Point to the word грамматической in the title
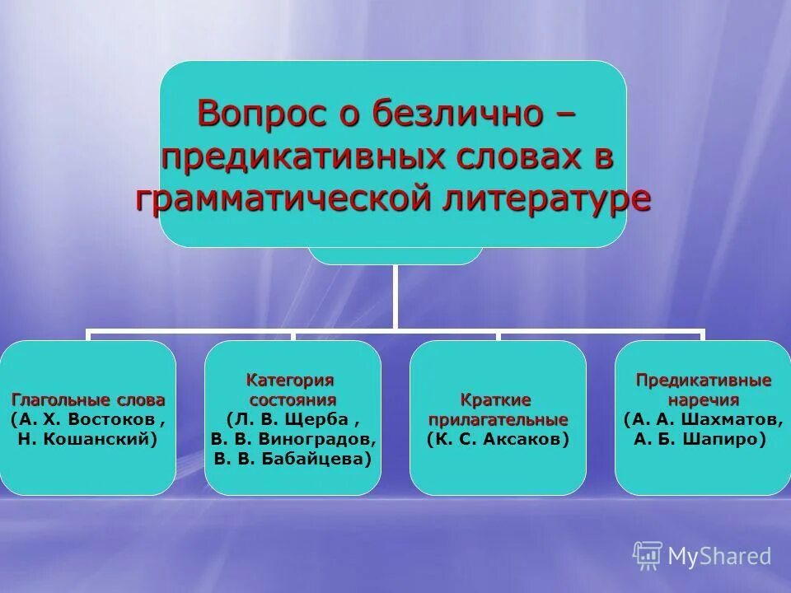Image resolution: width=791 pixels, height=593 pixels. point(288,198)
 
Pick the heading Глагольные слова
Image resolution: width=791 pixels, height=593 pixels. point(88,399)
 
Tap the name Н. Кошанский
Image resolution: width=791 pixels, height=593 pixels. point(88,440)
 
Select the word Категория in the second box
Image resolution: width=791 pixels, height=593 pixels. point(293,380)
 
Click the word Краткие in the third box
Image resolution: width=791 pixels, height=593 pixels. point(497,399)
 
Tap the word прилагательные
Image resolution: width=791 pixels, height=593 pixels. point(498,419)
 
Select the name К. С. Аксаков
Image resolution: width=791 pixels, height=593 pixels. point(498,440)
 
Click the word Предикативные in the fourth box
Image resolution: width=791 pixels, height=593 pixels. point(703,381)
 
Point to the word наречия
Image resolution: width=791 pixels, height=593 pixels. point(703,399)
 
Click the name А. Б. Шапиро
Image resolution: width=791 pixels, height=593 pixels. point(701,440)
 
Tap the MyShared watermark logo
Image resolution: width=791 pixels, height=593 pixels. point(702,555)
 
